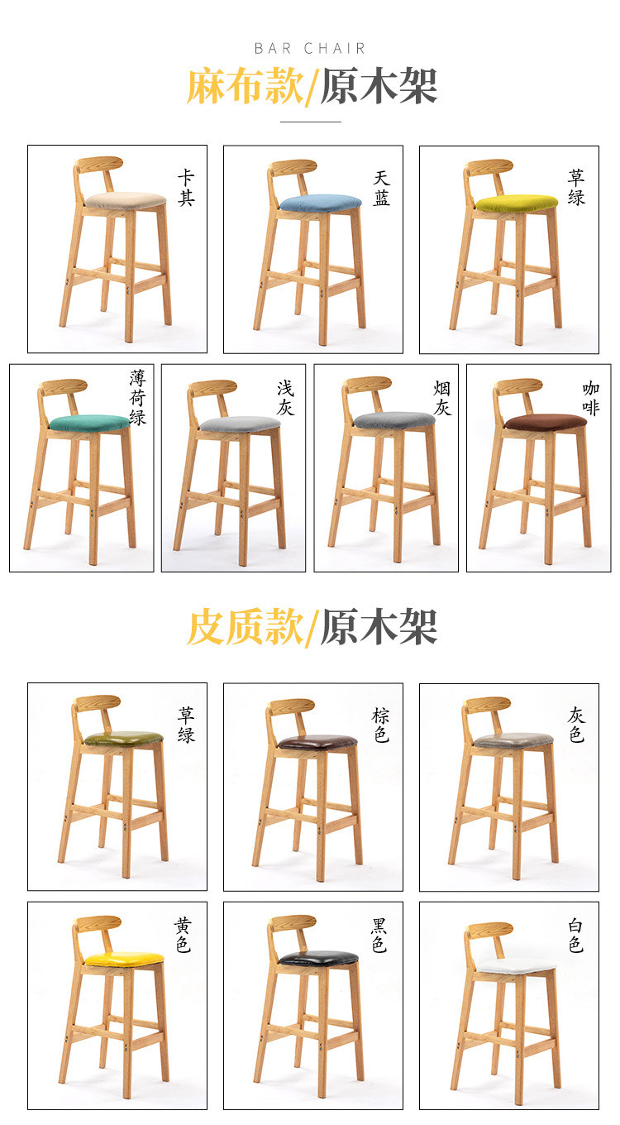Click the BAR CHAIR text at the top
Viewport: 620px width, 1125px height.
[310, 48]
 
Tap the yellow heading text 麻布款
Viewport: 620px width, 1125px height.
[245, 86]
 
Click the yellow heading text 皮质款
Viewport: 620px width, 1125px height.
[245, 626]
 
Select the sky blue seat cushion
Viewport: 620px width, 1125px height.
[320, 203]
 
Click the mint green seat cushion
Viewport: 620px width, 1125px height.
[90, 423]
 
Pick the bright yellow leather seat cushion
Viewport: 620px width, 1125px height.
[124, 958]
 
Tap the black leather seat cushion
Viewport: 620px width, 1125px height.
[318, 957]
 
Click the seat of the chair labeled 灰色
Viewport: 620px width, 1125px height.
[513, 740]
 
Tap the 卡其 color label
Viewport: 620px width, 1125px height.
[186, 188]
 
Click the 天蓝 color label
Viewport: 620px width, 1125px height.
[382, 188]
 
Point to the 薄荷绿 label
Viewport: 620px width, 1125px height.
[137, 397]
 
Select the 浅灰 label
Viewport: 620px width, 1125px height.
[285, 397]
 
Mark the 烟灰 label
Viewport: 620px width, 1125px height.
[441, 397]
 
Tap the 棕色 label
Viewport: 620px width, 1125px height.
[381, 725]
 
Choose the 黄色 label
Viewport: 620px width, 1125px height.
[184, 935]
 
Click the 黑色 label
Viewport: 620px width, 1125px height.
[379, 935]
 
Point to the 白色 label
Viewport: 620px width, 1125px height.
[576, 935]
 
